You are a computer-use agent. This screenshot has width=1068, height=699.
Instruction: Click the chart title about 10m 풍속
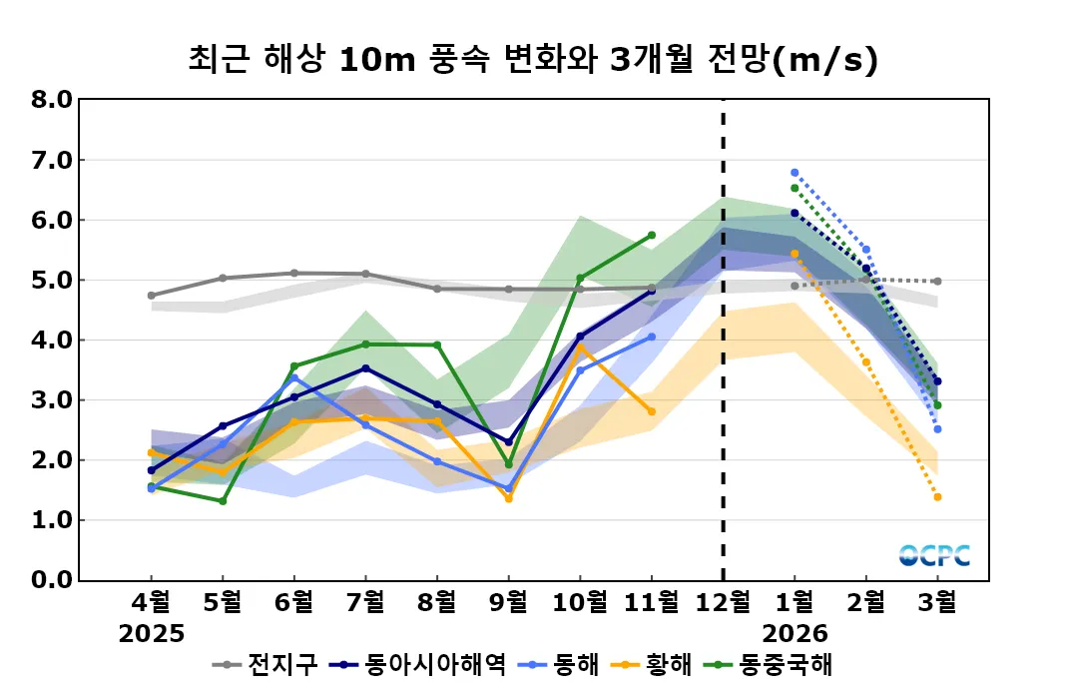click(x=533, y=60)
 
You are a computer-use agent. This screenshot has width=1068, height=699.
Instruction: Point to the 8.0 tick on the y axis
click(x=51, y=100)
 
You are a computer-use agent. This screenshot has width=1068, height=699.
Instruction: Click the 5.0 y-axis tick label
click(x=51, y=281)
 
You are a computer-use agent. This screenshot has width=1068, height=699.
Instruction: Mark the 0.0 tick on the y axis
click(x=51, y=580)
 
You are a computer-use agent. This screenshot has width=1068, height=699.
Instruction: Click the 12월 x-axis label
click(x=723, y=602)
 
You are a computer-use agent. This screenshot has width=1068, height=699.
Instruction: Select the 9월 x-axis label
click(x=508, y=602)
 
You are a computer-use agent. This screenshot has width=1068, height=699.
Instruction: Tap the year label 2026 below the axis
click(x=795, y=634)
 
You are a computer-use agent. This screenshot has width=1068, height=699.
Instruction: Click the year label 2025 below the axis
click(x=152, y=634)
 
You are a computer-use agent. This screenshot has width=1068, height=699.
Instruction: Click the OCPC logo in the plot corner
click(x=934, y=555)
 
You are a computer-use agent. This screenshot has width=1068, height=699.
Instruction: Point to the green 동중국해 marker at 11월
click(x=652, y=236)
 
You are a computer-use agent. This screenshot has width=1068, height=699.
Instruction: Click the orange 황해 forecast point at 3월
click(x=937, y=497)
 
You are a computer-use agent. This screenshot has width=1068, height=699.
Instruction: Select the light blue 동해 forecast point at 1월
click(x=795, y=173)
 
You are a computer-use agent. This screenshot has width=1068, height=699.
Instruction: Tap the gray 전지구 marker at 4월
click(x=152, y=296)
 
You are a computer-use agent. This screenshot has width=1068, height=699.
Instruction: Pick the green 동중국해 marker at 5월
click(x=223, y=501)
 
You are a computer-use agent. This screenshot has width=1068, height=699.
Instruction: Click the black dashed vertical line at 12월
click(x=723, y=340)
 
